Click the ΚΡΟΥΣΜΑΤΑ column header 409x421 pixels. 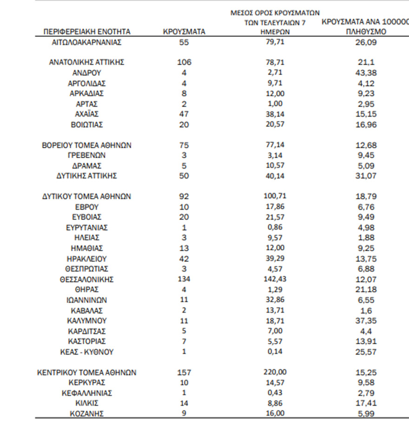tap(184, 32)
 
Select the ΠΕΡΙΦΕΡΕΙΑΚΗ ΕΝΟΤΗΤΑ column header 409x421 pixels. tap(87, 32)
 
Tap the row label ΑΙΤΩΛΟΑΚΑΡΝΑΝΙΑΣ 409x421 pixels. tap(87, 43)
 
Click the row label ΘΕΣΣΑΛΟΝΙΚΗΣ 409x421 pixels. tap(87, 280)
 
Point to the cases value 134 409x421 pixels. tap(184, 280)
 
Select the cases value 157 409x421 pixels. tap(184, 373)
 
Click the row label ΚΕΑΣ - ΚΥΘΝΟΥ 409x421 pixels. tap(87, 352)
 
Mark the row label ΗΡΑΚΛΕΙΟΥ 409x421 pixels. tap(87, 259)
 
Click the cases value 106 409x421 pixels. tap(184, 62)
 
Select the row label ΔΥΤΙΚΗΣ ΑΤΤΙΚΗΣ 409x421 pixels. tap(87, 176)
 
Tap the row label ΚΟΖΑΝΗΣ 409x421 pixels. tap(87, 414)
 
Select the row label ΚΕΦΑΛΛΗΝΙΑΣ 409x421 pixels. tap(87, 393)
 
